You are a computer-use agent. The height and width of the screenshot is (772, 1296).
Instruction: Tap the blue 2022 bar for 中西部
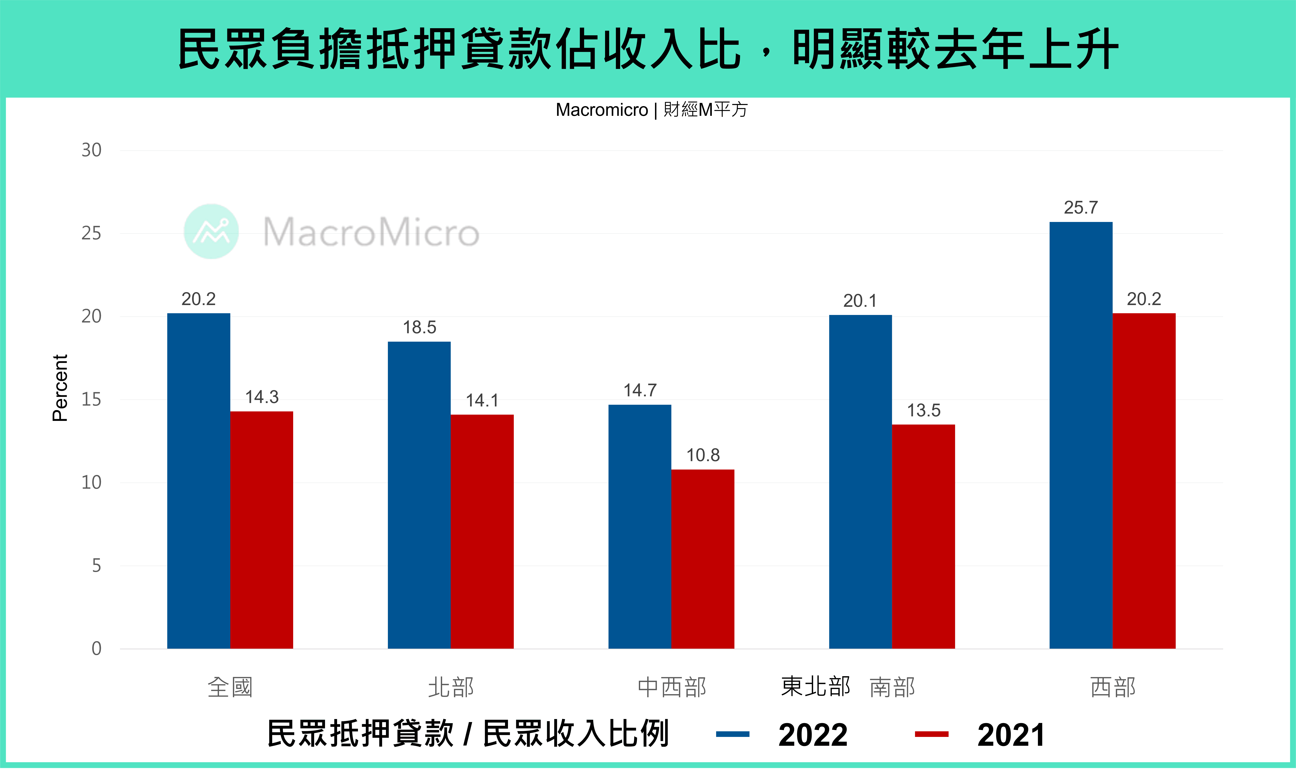coord(640,526)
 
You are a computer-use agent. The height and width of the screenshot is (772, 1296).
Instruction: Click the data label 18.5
coord(419,327)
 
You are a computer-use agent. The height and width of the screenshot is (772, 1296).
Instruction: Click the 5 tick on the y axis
coord(96,566)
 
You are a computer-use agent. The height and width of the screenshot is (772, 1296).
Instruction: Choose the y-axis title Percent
coord(60,388)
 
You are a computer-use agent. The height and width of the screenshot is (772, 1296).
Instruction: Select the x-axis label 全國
coord(230,687)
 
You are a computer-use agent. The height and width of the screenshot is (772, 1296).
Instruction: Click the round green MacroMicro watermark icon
coord(211,231)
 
